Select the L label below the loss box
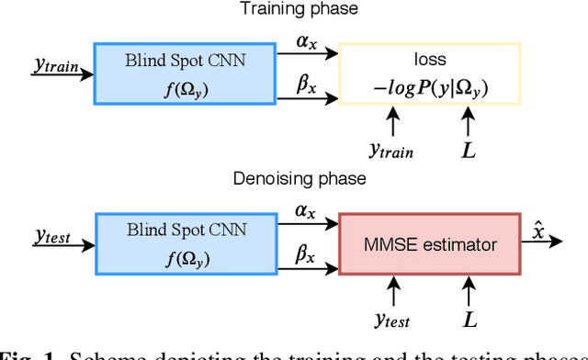469,147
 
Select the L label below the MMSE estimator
469,320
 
